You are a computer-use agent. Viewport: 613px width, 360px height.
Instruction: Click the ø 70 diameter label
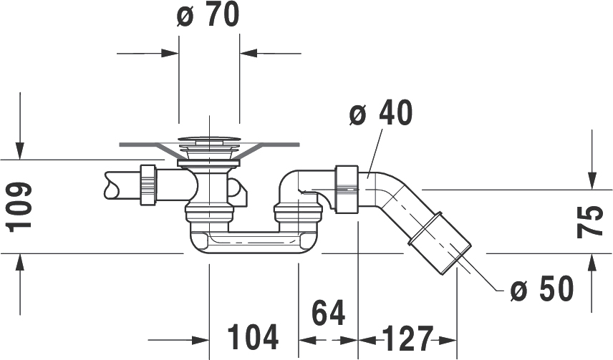click(208, 15)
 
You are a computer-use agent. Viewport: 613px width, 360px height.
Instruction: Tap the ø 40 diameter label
click(380, 113)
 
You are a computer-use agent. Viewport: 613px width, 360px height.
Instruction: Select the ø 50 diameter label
click(542, 288)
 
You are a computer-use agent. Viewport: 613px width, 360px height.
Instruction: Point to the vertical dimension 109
click(19, 206)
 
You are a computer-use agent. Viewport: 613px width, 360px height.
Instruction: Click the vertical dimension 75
click(590, 221)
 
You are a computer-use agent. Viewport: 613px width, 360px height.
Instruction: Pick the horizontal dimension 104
click(253, 336)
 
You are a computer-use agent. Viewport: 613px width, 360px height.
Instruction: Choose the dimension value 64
click(329, 313)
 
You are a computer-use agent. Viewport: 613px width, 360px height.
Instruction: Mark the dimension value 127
click(407, 338)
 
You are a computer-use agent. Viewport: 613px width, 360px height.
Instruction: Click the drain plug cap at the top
click(209, 138)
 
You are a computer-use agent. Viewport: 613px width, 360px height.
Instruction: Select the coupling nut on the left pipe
click(148, 185)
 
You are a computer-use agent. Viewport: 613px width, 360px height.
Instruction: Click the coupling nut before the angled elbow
click(347, 190)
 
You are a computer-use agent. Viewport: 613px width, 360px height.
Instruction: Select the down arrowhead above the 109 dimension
click(19, 151)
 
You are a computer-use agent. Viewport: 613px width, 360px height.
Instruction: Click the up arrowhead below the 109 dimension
click(19, 262)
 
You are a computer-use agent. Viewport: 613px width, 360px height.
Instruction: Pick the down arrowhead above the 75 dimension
click(592, 180)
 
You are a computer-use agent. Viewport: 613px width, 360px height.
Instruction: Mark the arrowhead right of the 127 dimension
click(447, 340)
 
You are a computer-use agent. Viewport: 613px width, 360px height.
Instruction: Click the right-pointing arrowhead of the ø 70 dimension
click(170, 53)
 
